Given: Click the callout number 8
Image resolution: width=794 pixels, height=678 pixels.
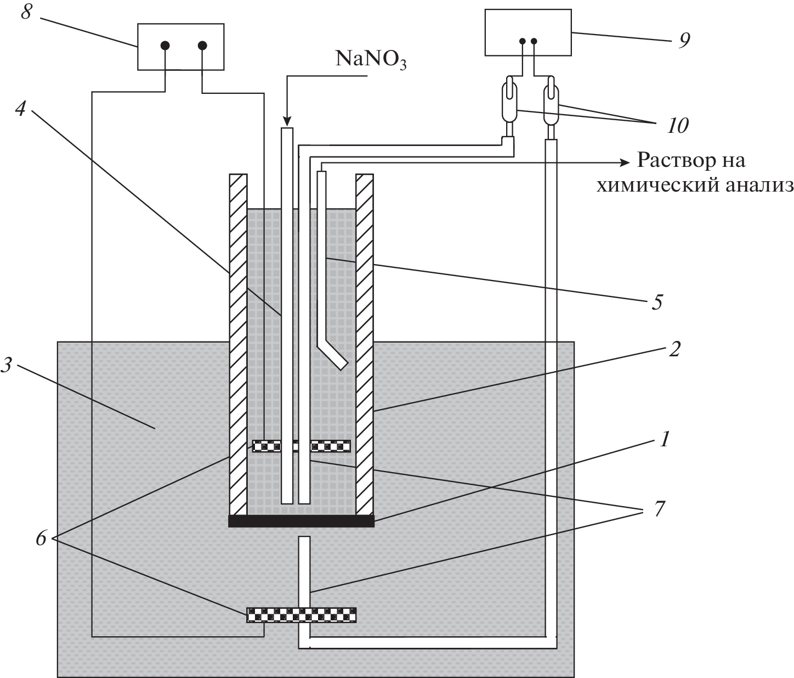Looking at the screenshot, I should pos(26,11).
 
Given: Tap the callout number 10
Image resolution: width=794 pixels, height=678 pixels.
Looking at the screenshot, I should pos(678,126).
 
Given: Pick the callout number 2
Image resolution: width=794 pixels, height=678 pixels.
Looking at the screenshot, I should pos(674,349).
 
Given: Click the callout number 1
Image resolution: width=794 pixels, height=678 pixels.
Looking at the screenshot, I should pos(664,440).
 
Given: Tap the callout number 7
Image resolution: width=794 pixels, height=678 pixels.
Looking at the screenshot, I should pos(659,509).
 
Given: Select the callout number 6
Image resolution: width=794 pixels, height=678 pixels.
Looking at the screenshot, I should pos(41,539).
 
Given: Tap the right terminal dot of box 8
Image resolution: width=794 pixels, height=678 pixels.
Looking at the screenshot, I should pos(202,46).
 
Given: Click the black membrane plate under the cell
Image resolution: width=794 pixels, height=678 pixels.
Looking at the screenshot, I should pos(301,520).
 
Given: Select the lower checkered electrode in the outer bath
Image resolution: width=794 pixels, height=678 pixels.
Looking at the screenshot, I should pos(301,614).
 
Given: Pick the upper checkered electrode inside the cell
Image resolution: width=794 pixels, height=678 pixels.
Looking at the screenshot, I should pos(301,446).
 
